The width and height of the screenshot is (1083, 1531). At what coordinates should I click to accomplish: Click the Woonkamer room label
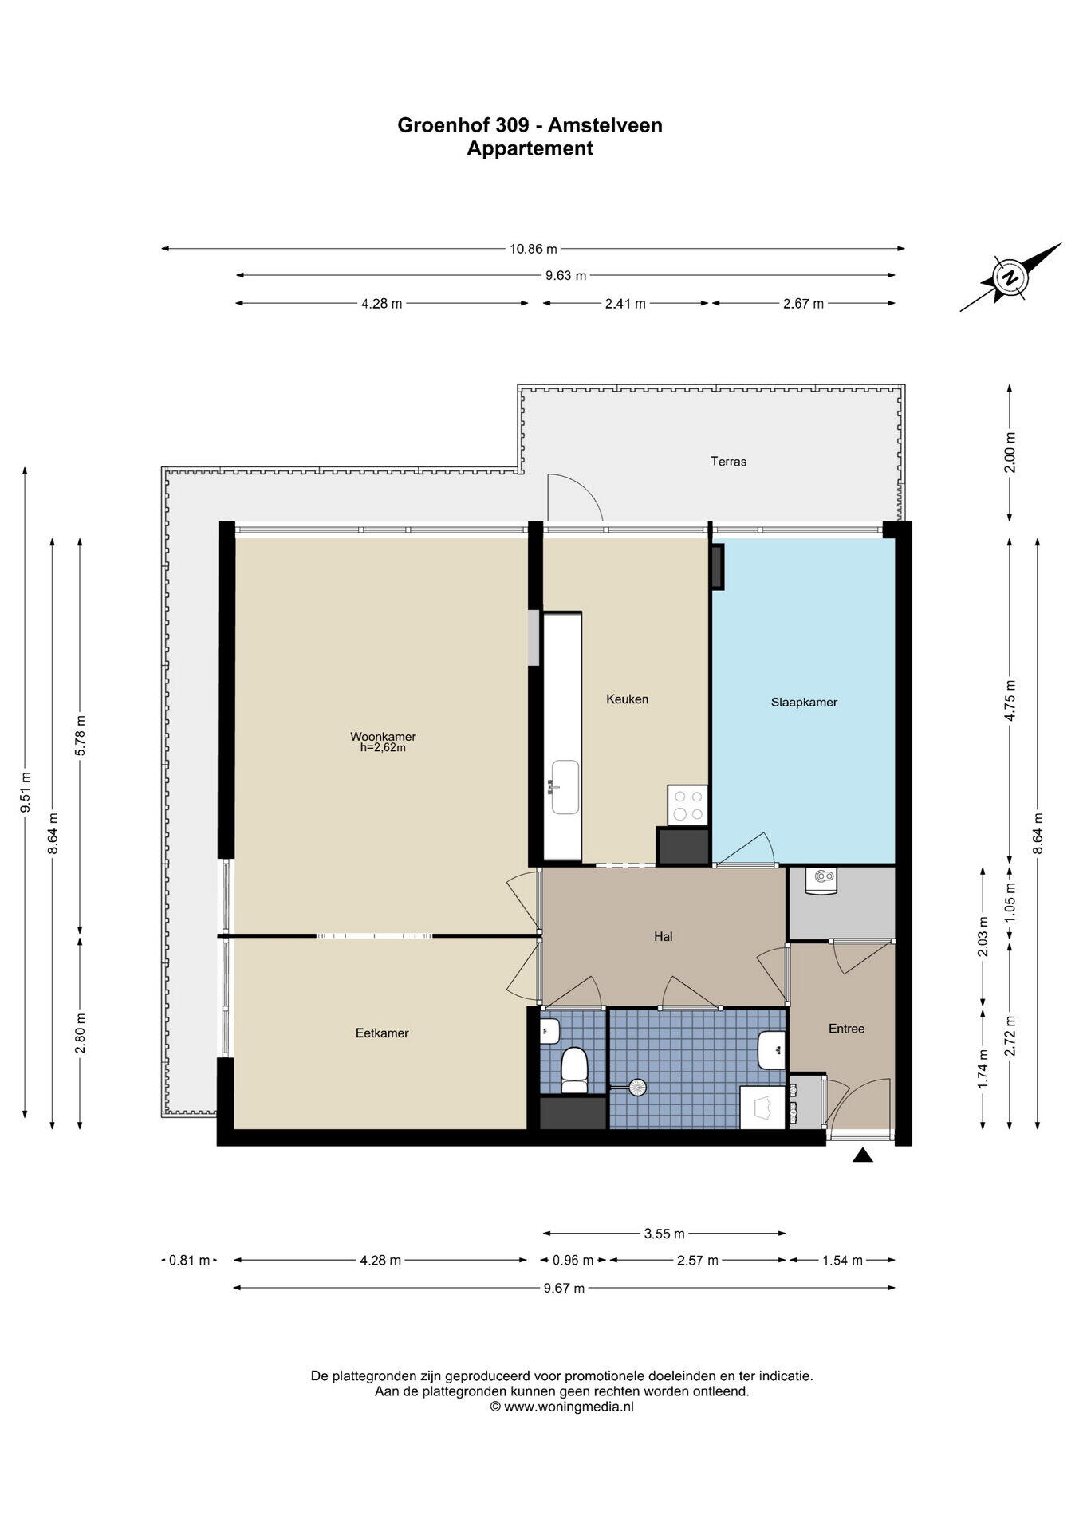click(383, 736)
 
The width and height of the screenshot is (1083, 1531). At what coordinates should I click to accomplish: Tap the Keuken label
click(627, 699)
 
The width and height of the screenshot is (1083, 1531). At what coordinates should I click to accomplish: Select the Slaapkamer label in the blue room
click(804, 703)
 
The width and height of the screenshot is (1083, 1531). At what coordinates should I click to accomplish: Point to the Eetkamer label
click(382, 1033)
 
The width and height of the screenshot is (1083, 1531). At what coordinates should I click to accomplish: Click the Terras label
click(728, 462)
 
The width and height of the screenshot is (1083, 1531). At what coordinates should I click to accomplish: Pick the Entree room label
click(846, 1029)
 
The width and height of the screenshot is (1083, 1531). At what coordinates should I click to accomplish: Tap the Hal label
click(663, 937)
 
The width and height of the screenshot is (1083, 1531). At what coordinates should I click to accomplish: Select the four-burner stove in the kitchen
click(688, 805)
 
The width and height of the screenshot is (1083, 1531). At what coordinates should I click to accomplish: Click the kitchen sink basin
click(565, 787)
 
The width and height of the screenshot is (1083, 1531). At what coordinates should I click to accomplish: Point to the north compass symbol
click(1010, 277)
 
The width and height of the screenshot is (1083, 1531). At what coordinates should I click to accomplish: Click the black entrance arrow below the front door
click(862, 1155)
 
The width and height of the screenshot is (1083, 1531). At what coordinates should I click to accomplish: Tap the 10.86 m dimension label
click(534, 248)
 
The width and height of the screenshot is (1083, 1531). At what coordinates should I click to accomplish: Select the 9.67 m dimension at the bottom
click(564, 1288)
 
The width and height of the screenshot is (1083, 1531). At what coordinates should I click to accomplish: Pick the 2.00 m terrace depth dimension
click(1010, 452)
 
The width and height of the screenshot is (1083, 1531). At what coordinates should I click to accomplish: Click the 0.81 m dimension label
click(189, 1261)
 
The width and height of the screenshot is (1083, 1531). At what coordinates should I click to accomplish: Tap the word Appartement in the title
click(530, 148)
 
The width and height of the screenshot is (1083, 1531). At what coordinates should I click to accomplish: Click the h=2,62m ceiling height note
click(383, 748)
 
